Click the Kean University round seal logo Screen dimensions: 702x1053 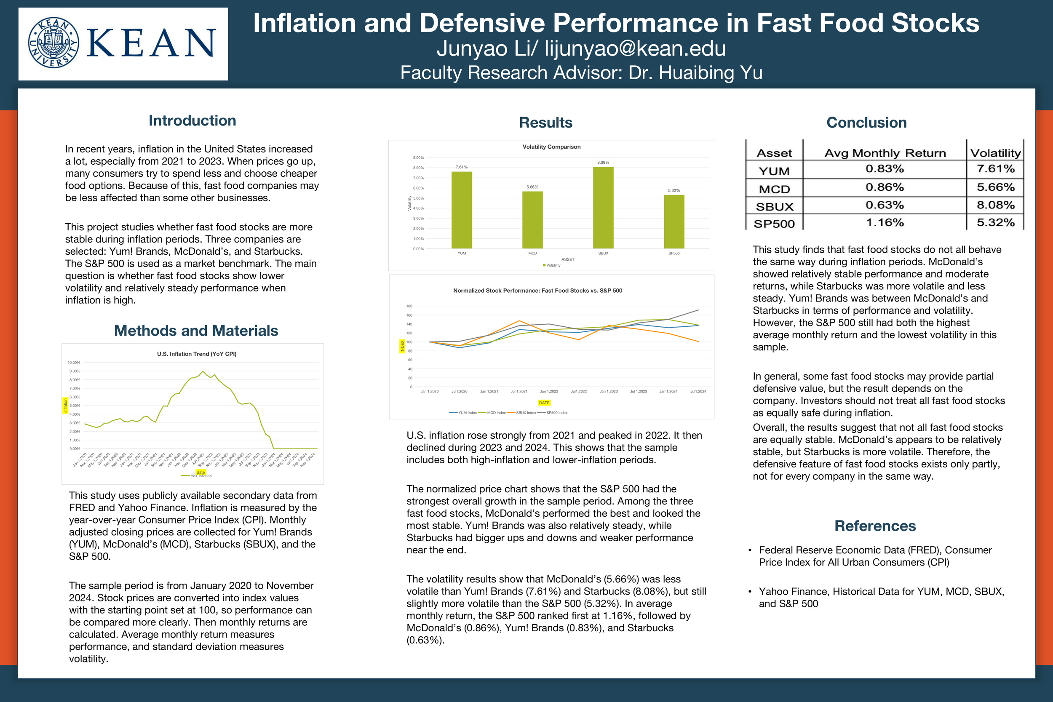[53, 43]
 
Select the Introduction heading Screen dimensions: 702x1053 [192, 120]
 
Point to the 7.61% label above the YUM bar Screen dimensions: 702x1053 [462, 167]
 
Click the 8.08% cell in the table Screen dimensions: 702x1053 [995, 205]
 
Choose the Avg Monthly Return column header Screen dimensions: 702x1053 [885, 153]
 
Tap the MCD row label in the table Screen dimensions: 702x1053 [774, 190]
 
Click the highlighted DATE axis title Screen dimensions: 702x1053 [544, 403]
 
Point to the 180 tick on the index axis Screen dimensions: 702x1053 [409, 306]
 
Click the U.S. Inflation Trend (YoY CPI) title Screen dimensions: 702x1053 [197, 354]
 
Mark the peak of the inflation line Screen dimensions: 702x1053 [203, 371]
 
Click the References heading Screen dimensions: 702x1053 [875, 526]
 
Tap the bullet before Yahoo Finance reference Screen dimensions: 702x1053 [749, 591]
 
